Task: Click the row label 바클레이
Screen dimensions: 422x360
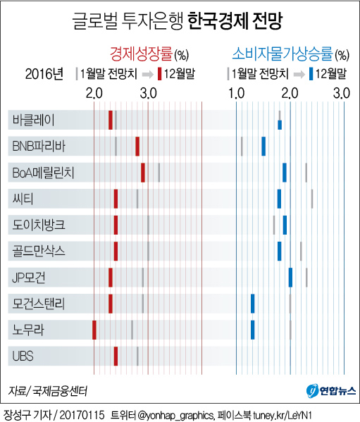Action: coord(33,120)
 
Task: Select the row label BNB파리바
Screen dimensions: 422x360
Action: coord(39,146)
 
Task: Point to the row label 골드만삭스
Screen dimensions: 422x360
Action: coord(39,250)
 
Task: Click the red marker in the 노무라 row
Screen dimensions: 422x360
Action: coord(94,329)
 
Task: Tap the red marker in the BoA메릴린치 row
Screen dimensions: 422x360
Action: coord(143,172)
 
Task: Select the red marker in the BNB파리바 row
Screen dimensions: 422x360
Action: coord(137,146)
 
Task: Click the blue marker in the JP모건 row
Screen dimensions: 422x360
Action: coord(290,277)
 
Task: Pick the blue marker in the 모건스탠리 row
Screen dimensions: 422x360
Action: coord(252,303)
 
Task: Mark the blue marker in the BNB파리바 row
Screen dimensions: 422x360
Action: coord(263,146)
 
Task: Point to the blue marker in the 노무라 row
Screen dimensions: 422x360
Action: coord(252,329)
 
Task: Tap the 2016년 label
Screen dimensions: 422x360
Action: coord(44,73)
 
